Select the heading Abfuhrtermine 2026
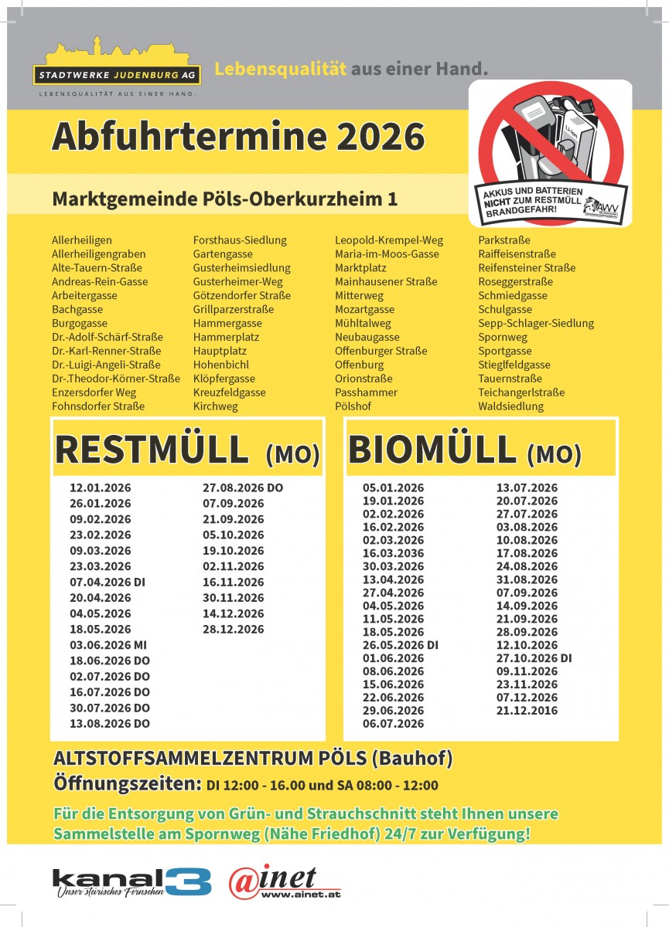(x=238, y=137)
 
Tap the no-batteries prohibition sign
(x=550, y=152)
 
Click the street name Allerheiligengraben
(x=98, y=254)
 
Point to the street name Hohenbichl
(x=221, y=365)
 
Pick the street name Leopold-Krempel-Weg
(x=388, y=240)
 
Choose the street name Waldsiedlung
(x=510, y=406)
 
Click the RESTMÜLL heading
(x=152, y=450)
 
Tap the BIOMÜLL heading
(x=432, y=450)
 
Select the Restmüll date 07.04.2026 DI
(x=108, y=582)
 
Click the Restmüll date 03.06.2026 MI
(x=108, y=645)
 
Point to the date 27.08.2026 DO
(x=243, y=487)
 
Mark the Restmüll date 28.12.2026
(x=233, y=629)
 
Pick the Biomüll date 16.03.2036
(x=393, y=553)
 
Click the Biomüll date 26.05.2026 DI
(x=401, y=645)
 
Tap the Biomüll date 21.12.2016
(x=526, y=711)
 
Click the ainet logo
(x=284, y=882)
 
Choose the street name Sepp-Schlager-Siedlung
(x=536, y=323)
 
